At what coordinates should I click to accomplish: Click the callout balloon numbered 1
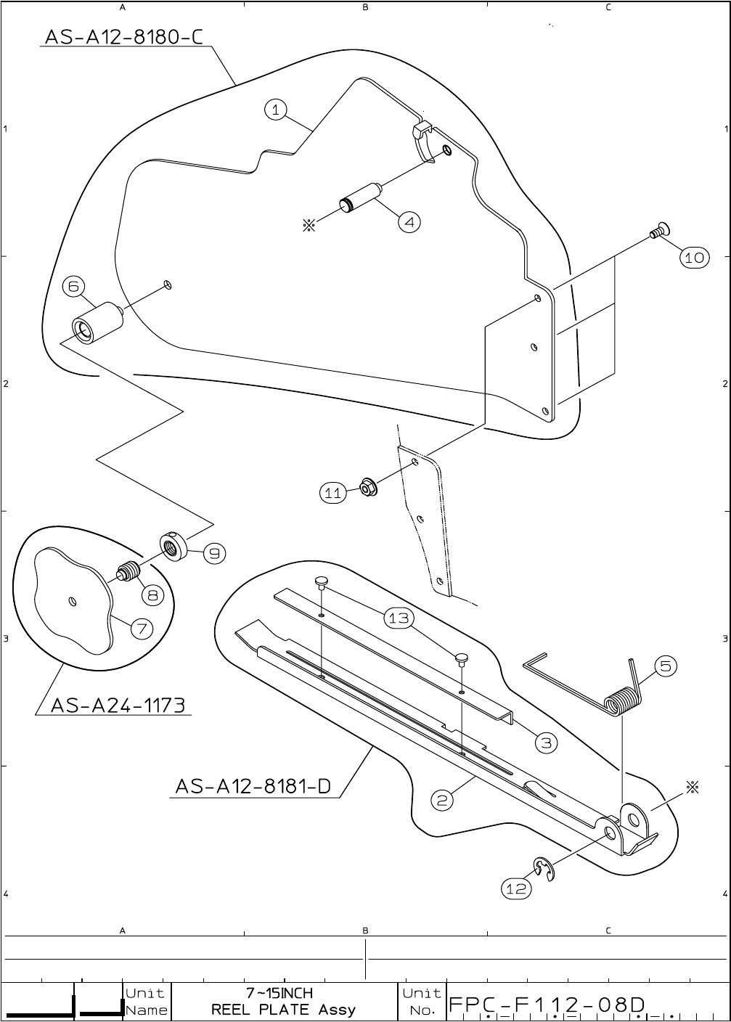pos(275,110)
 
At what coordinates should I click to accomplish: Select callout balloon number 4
pos(409,222)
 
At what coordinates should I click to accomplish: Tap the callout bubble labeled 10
pos(694,257)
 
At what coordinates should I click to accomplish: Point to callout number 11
pos(332,493)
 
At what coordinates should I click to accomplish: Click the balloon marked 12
pos(516,887)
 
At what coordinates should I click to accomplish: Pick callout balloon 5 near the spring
pos(665,666)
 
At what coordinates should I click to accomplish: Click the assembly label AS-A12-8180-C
pos(123,36)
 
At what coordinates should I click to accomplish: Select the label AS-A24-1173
pos(117,704)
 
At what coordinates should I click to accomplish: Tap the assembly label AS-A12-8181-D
pos(253,786)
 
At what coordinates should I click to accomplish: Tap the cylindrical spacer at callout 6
pos(96,322)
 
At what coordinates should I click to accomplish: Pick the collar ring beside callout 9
pos(173,544)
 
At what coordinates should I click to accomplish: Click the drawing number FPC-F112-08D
pos(547,1005)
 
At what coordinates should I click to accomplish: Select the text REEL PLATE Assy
pos(283,1009)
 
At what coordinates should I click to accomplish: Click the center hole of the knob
pos(71,600)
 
